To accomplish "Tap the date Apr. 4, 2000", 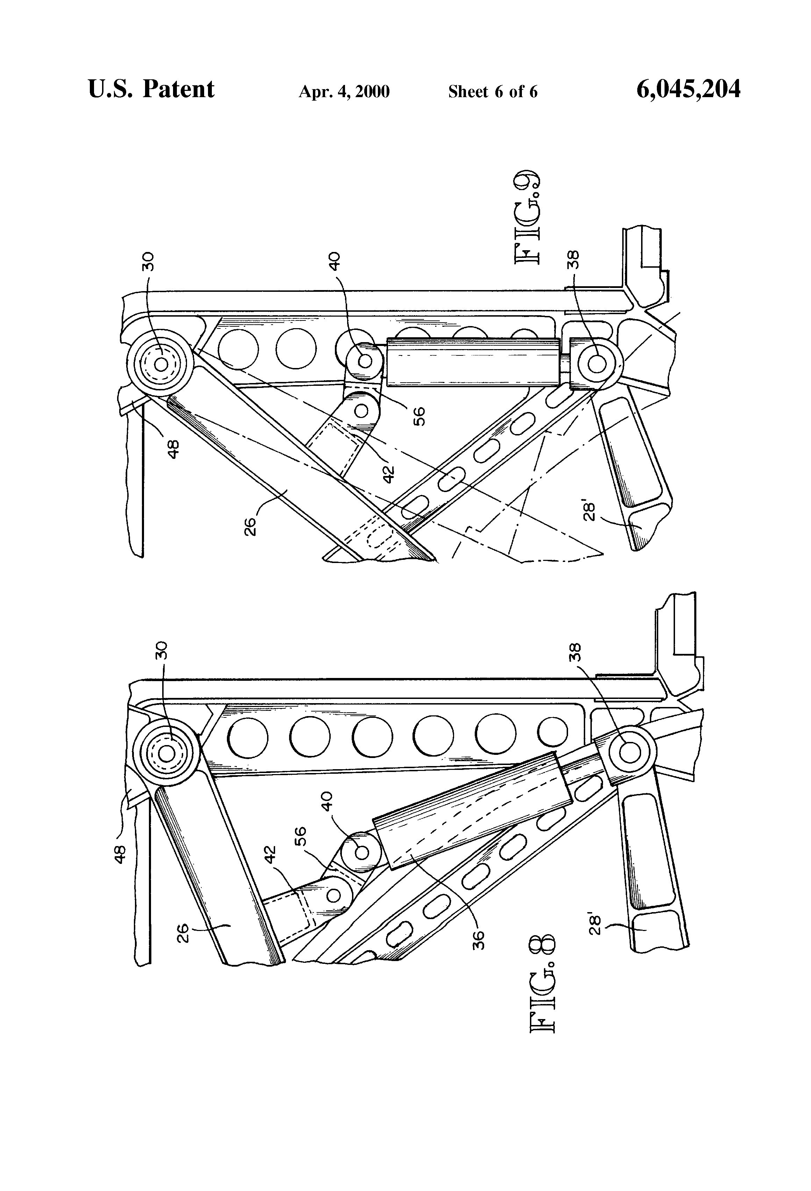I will click(344, 92).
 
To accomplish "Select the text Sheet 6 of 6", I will click(493, 92).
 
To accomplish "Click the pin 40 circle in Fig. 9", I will click(365, 361).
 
